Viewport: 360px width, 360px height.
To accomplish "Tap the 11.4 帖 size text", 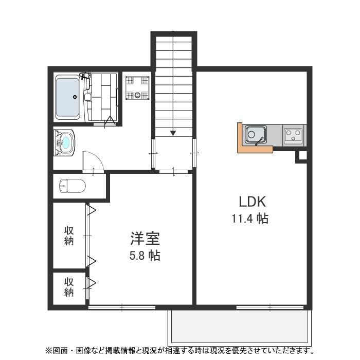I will pyautogui.click(x=250, y=219).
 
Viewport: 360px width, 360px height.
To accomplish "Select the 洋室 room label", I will pyautogui.click(x=145, y=239).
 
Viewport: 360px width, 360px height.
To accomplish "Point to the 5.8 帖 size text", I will pyautogui.click(x=145, y=255).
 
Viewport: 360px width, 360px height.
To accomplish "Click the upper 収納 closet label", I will pyautogui.click(x=69, y=236).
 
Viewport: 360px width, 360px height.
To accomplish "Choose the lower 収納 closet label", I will pyautogui.click(x=69, y=287).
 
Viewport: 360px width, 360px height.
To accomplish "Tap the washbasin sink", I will pyautogui.click(x=65, y=142).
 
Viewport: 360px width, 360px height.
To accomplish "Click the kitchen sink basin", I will pyautogui.click(x=254, y=136).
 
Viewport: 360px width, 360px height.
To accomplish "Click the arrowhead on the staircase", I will pyautogui.click(x=173, y=133).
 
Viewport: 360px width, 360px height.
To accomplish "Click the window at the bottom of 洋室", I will pyautogui.click(x=122, y=308).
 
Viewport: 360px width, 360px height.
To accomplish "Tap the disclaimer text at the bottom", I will pyautogui.click(x=179, y=351).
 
